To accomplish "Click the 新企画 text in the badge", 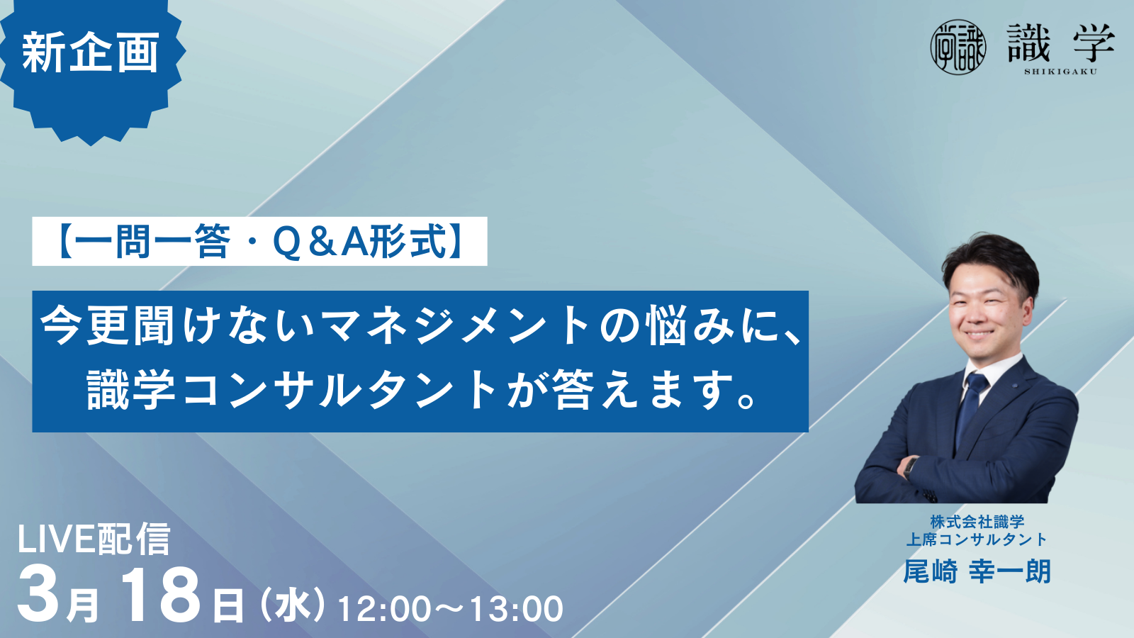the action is pyautogui.click(x=91, y=52).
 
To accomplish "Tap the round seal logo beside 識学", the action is pyautogui.click(x=958, y=47).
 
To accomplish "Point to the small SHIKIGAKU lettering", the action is pyautogui.click(x=1060, y=72).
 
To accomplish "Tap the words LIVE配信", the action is pyautogui.click(x=94, y=539).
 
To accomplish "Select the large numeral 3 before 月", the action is pyautogui.click(x=39, y=595).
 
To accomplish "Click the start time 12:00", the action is pyautogui.click(x=384, y=609).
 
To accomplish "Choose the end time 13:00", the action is pyautogui.click(x=516, y=609).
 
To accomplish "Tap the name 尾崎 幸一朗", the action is pyautogui.click(x=977, y=571).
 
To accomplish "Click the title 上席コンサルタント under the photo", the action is pyautogui.click(x=977, y=539).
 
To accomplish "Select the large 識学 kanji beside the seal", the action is pyautogui.click(x=1060, y=44).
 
